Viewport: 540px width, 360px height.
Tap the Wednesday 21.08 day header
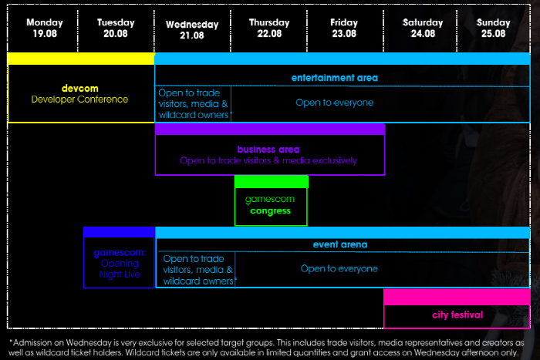pos(192,29)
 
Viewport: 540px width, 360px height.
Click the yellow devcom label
pos(79,88)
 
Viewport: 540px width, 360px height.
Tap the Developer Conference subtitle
pos(79,99)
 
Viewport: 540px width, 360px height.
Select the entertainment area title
pos(334,78)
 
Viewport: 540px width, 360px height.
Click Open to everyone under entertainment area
pos(334,103)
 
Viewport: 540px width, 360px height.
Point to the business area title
pos(268,149)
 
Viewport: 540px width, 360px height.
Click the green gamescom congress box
pos(271,205)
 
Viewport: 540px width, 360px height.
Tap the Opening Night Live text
pos(120,269)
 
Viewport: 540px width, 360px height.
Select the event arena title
pos(339,244)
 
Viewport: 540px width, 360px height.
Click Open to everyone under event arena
pos(339,269)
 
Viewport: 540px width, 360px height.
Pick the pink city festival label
pos(457,315)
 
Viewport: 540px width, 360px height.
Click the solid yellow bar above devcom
pos(80,59)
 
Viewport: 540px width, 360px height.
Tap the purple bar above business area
pos(269,130)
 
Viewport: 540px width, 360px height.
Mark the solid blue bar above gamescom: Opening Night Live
pos(119,232)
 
